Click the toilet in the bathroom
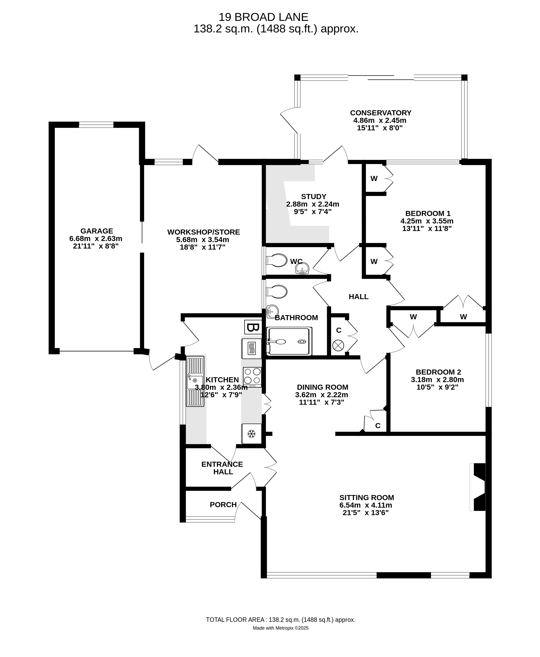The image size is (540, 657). [277, 292]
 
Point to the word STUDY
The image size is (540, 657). [314, 196]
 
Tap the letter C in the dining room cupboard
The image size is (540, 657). [378, 426]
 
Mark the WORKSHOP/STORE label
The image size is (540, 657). [204, 232]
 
